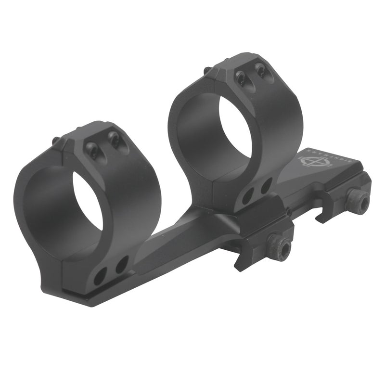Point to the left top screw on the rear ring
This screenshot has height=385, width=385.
pos(239,76)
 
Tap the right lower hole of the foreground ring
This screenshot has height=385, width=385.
pos(122,263)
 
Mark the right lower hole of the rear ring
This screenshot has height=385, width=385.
pos(266,184)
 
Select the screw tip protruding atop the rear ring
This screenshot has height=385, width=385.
pos(206,71)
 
